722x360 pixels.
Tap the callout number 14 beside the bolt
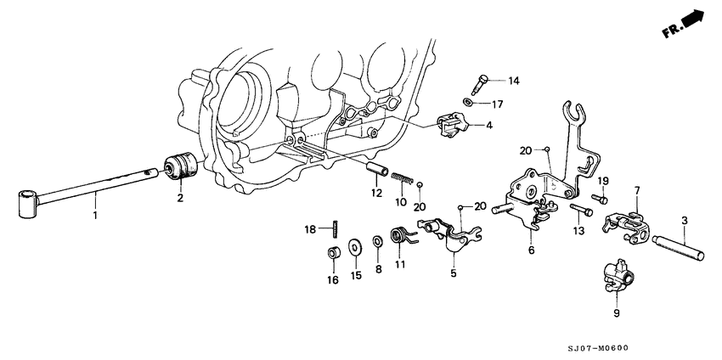(x=513, y=81)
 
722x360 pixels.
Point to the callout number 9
(x=617, y=312)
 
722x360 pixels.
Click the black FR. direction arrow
(x=692, y=17)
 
